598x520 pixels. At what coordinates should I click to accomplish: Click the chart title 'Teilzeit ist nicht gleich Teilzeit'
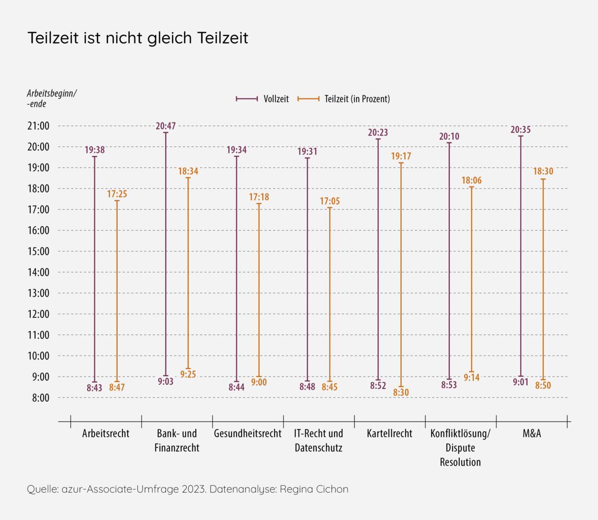point(138,38)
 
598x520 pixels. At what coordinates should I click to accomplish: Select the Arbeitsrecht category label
point(106,434)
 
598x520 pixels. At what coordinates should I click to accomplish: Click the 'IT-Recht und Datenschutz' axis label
point(319,441)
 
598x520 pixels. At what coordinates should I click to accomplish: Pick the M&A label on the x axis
point(532,434)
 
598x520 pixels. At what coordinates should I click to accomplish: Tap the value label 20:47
point(166,126)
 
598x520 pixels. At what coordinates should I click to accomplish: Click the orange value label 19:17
point(401,156)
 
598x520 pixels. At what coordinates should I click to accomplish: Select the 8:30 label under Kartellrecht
point(401,393)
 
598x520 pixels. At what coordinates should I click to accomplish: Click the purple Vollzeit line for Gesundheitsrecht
point(236,268)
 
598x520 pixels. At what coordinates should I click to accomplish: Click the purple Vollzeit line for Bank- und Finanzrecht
point(166,253)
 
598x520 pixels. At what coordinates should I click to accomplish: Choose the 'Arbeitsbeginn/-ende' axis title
point(51,98)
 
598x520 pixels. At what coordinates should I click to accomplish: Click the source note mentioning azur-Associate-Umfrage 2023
point(188,489)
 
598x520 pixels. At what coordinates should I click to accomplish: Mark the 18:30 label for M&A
point(543,172)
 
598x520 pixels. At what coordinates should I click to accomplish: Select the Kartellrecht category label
point(389,434)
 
